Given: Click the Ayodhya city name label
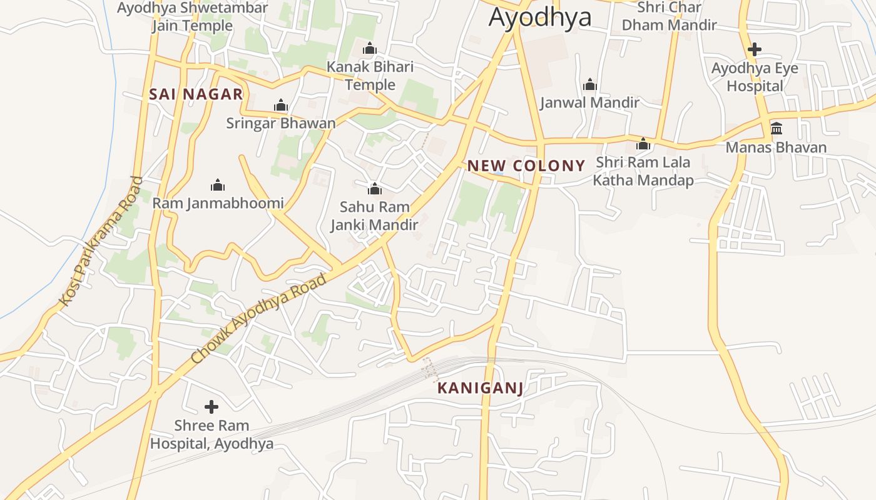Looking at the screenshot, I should point(539,17).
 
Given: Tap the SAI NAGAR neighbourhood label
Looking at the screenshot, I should point(196,94).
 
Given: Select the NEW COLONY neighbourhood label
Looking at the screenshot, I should point(526,166).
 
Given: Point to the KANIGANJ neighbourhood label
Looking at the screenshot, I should point(480,388).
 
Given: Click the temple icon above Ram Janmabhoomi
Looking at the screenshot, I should point(218,185).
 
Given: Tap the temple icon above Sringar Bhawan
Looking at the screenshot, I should point(281,105).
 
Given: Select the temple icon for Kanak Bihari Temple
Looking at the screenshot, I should point(370,48).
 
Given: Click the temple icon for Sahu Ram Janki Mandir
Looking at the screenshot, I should point(374,189).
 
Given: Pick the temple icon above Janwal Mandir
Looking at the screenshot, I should point(589,84).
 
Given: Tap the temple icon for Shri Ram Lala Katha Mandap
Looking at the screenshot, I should point(643,144).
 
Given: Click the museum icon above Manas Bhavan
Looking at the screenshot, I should point(776,129).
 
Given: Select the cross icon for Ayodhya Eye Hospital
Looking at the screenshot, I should point(755,49).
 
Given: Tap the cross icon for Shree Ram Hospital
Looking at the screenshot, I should point(211,407).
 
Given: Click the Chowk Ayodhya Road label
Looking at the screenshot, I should point(258,319).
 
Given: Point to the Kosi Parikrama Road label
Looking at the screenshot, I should point(101,242).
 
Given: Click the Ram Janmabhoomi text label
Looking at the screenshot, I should point(218,203).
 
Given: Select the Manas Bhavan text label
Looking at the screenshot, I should point(776,147).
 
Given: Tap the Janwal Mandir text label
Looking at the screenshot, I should point(589,102).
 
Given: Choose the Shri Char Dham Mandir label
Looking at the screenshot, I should point(668,16).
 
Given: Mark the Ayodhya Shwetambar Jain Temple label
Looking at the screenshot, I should point(192,17).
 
